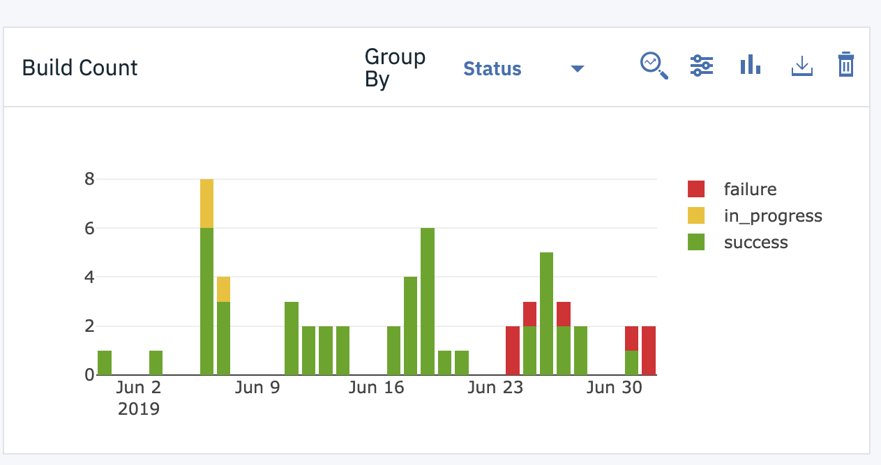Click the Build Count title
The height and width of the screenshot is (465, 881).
click(80, 68)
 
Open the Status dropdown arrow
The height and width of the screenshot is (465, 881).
click(577, 68)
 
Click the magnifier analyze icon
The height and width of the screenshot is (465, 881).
click(654, 66)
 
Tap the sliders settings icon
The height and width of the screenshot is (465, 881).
click(701, 66)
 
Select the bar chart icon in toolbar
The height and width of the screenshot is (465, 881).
click(750, 66)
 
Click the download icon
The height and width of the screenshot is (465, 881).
click(802, 67)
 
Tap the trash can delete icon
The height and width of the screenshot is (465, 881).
click(845, 66)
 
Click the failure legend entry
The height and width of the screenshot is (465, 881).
click(750, 189)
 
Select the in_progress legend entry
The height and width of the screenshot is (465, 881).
click(772, 216)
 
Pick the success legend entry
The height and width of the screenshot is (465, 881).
click(755, 243)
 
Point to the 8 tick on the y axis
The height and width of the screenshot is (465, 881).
click(89, 179)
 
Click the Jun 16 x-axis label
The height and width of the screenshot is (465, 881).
click(376, 388)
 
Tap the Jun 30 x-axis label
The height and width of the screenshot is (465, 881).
click(614, 388)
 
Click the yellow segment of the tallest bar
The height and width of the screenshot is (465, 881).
click(206, 204)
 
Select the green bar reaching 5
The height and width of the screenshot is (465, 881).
click(547, 314)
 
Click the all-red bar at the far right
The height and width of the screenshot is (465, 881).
click(649, 350)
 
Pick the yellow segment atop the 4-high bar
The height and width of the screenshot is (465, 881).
click(223, 289)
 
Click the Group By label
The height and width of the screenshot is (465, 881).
click(395, 68)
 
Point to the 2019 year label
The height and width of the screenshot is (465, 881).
click(139, 409)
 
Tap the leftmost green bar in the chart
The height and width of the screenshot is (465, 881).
click(105, 363)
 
